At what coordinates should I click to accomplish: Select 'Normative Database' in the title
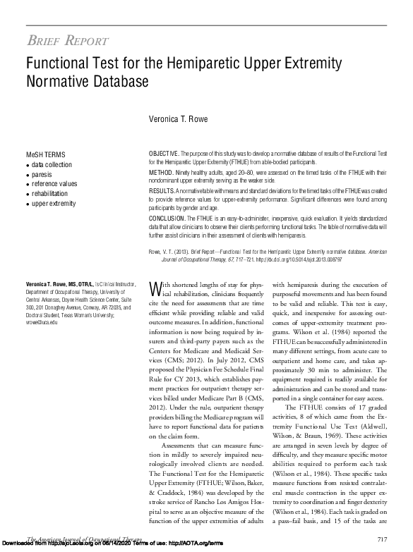(x=88, y=82)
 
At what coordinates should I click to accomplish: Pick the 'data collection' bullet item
(x=51, y=164)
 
